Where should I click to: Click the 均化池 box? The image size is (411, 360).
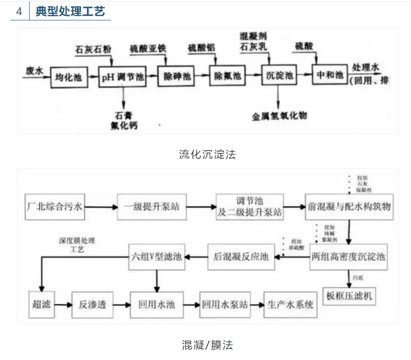(68, 76)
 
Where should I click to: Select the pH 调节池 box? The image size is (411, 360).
(122, 76)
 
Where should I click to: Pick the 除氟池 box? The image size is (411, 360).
(227, 76)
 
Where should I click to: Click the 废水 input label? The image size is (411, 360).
(34, 71)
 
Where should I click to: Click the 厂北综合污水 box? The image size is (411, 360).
(55, 207)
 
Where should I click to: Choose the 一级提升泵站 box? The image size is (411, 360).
(151, 207)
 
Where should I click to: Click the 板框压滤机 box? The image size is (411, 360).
(349, 294)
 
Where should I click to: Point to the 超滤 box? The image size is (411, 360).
(40, 305)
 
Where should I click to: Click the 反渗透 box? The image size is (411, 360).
(92, 305)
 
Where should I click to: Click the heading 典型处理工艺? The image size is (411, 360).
(70, 11)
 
